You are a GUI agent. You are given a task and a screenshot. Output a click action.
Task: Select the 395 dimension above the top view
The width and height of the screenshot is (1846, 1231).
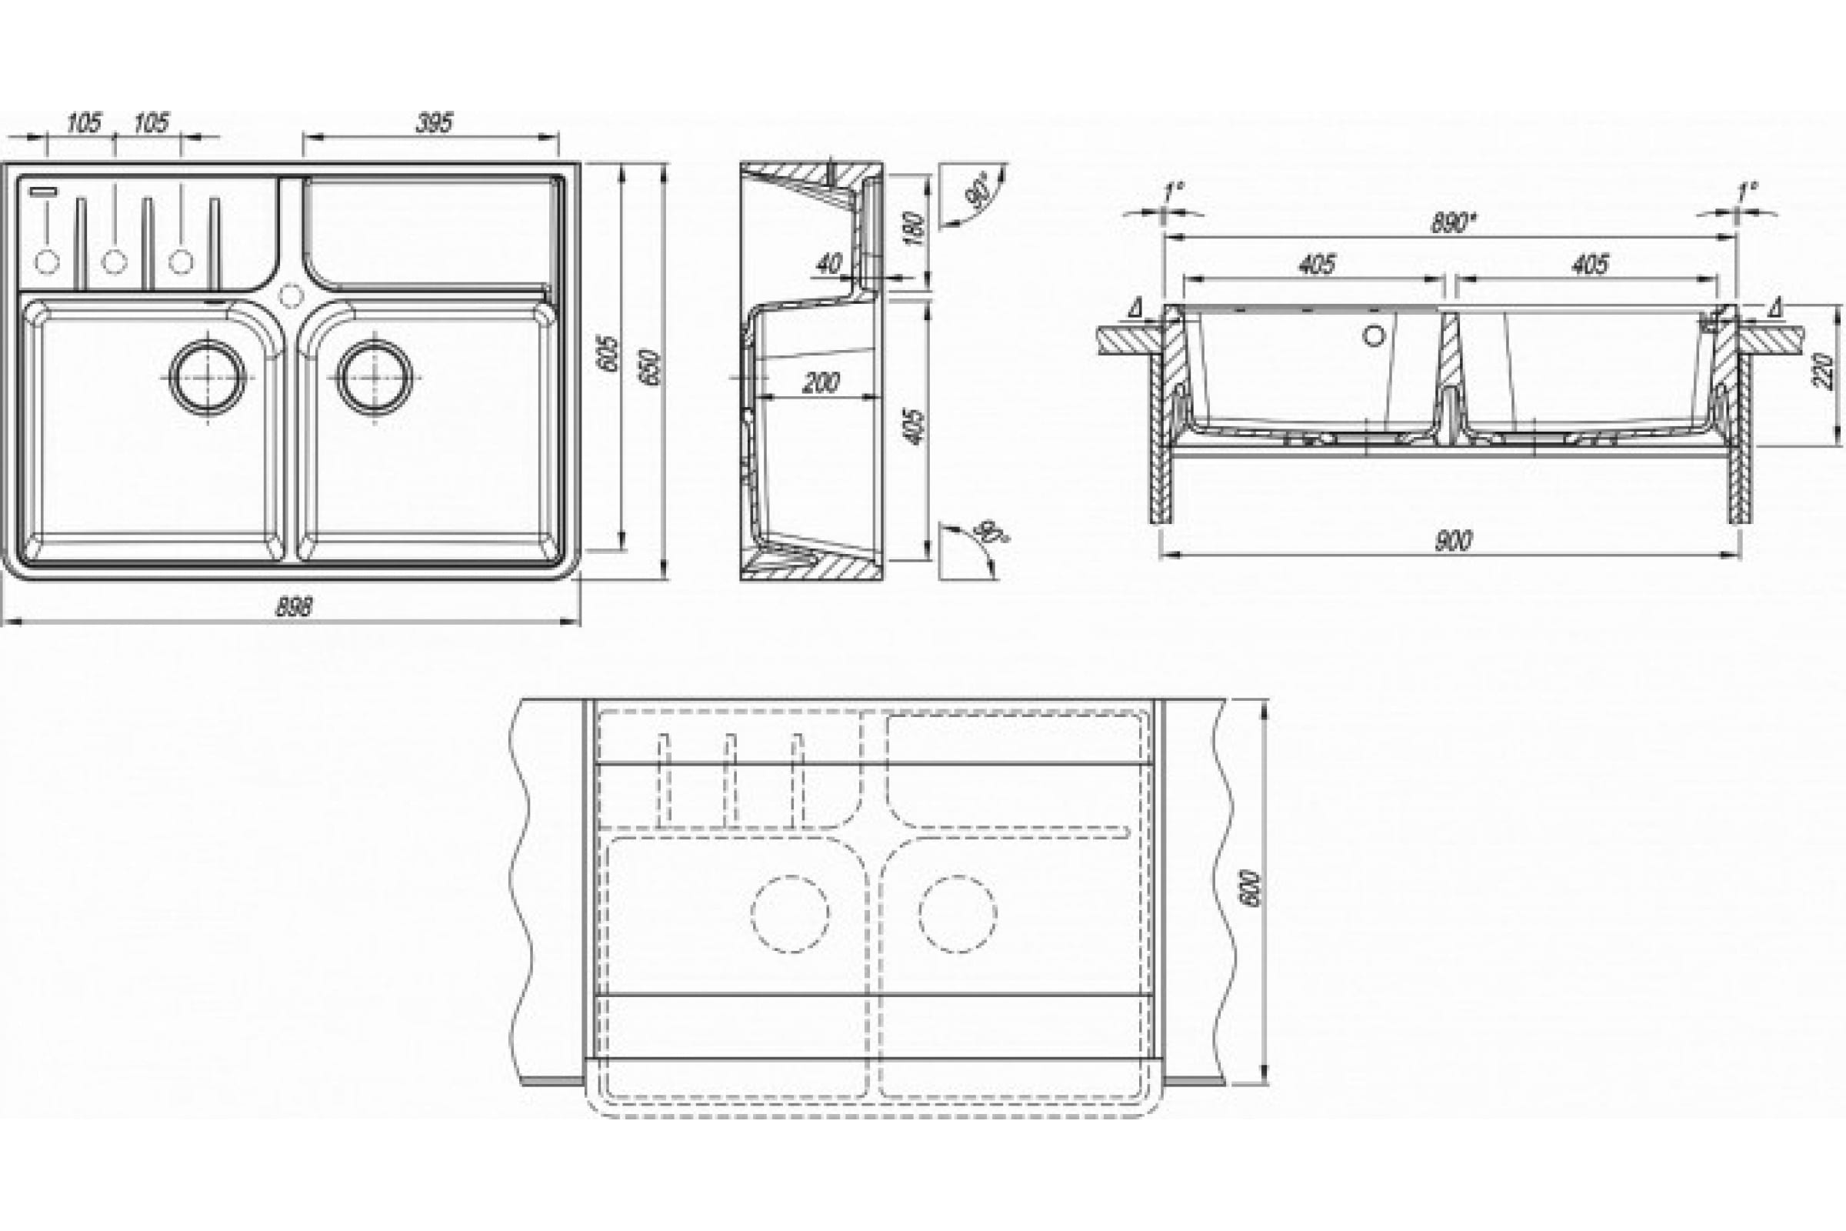(434, 123)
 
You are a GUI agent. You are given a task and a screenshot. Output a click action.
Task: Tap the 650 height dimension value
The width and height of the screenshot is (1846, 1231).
(651, 367)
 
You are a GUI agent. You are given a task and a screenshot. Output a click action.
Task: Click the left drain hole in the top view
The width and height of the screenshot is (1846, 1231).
(208, 376)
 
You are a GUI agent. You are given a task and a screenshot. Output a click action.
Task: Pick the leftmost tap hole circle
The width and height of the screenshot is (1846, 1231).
(47, 261)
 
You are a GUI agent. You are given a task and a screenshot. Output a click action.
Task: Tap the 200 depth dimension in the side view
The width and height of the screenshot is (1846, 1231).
(821, 382)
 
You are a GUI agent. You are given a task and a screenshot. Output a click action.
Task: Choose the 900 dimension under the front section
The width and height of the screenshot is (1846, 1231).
(1453, 542)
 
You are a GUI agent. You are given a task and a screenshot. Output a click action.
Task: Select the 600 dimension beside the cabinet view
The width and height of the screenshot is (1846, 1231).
(1252, 888)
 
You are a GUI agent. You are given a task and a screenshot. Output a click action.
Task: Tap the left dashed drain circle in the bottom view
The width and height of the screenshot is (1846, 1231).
(790, 914)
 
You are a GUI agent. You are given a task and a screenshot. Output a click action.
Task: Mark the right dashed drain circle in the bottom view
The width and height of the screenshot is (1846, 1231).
(958, 914)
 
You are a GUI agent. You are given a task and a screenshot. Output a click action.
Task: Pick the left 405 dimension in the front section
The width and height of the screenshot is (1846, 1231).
(1316, 265)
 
